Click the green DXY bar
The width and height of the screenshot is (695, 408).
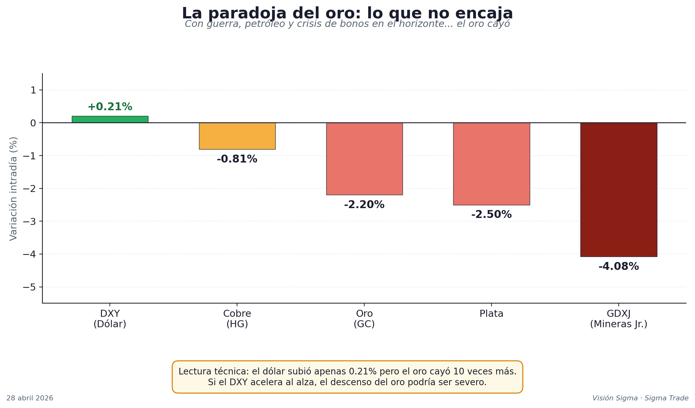coord(110,119)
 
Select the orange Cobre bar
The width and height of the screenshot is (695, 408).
coord(237,136)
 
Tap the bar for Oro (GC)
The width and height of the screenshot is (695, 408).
coord(364,159)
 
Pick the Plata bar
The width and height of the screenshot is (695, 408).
coord(491,164)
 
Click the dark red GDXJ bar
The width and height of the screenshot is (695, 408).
coord(618,189)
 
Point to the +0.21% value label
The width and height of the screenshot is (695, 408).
coord(110,107)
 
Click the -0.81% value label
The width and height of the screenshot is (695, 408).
coord(237,159)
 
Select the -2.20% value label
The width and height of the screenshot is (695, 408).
coord(364,205)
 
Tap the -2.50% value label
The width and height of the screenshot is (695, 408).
coord(491,214)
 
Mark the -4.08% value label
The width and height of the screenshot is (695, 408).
coord(618,266)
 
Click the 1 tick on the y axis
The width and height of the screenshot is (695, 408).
coord(33,90)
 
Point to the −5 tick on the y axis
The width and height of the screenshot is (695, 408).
coord(29,287)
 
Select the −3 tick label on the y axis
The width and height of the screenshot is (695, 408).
coord(29,221)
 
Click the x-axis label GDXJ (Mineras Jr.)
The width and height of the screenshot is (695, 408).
coord(618,319)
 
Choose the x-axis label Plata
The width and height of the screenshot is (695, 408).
coord(491,314)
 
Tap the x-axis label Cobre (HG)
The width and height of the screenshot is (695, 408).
coord(237,319)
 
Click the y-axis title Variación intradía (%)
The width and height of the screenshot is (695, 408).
coord(13,188)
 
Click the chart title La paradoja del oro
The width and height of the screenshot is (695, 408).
coord(347,14)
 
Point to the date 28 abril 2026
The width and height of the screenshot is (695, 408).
coord(30,398)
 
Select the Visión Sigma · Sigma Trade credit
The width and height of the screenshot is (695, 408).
coord(640,398)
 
